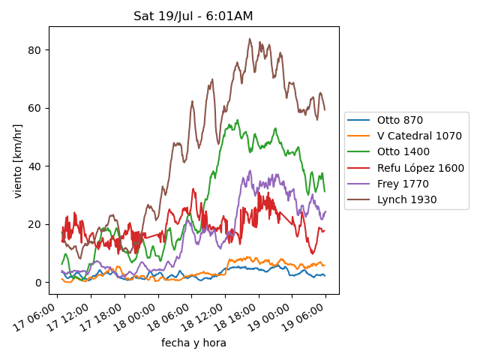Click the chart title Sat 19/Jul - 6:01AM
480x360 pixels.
[x=193, y=16]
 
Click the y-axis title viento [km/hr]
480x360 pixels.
[x=18, y=161]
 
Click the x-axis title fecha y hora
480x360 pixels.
[x=193, y=343]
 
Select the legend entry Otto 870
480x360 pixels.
[x=400, y=120]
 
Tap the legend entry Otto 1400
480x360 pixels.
[x=403, y=151]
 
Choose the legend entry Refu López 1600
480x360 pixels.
[x=420, y=168]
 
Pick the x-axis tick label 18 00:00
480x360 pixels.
[x=139, y=313]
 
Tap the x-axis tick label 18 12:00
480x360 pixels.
[x=207, y=313]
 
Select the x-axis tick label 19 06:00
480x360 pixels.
[x=308, y=313]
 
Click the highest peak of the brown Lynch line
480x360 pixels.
[x=250, y=39]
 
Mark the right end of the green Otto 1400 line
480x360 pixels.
[x=325, y=191]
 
